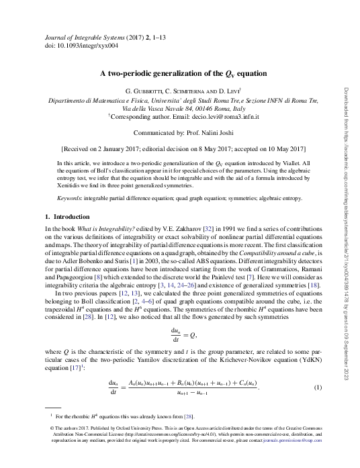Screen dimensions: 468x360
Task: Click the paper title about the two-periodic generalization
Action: point(179,73)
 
